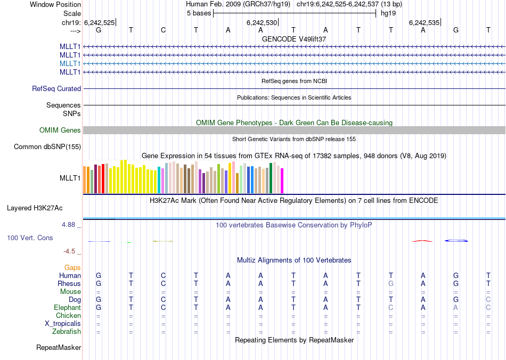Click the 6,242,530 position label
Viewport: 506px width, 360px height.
[x=262, y=23]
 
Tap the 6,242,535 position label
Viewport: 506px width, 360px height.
[x=424, y=23]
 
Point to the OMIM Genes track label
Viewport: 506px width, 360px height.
[x=60, y=130]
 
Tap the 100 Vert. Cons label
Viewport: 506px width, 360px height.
[x=30, y=238]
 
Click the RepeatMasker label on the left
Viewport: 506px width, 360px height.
[x=59, y=348]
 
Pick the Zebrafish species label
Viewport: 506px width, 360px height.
[x=67, y=332]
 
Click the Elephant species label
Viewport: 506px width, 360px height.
[x=68, y=308]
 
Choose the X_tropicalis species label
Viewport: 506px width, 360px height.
[x=63, y=324]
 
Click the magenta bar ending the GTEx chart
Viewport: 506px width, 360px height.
[x=282, y=181]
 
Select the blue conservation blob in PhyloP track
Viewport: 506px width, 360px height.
[x=456, y=241]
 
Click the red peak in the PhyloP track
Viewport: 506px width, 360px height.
[x=422, y=241]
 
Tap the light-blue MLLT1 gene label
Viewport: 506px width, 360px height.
[x=70, y=63]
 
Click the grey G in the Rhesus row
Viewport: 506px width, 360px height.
[x=391, y=284]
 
